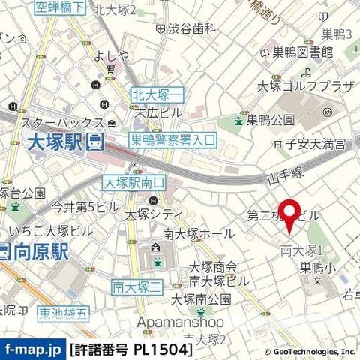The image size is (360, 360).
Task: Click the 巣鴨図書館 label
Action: point(298,52)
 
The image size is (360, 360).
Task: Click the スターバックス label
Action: point(61,121)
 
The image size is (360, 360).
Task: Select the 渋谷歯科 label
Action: point(191,28)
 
